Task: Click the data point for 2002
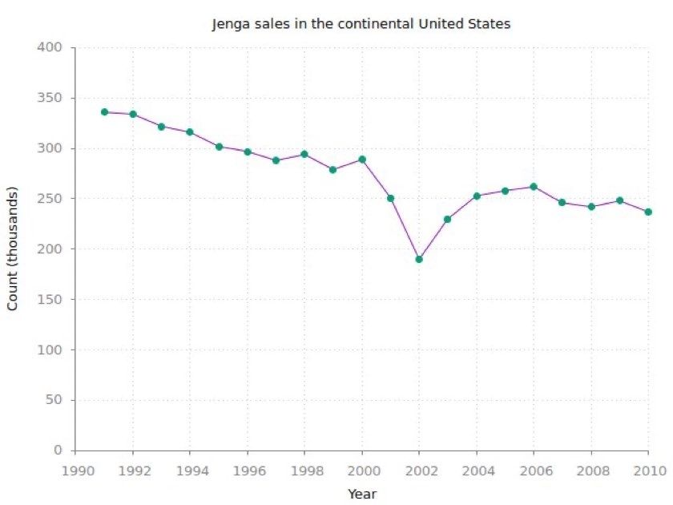[x=419, y=259]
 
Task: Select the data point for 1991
[x=104, y=112]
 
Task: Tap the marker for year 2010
[x=648, y=212]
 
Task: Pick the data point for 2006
[x=534, y=187]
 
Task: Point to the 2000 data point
[x=362, y=160]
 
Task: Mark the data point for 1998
[x=304, y=154]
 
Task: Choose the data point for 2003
[x=448, y=219]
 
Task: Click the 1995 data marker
[x=219, y=147]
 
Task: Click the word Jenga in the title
[x=229, y=24]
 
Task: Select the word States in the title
[x=489, y=24]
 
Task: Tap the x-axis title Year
[x=361, y=494]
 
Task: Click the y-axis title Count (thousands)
[x=13, y=248]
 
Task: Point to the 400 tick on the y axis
[x=50, y=47]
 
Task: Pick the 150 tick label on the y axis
[x=50, y=299]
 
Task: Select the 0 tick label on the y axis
[x=57, y=450]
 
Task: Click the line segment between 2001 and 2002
[x=405, y=228]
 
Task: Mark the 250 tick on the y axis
[x=50, y=198]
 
